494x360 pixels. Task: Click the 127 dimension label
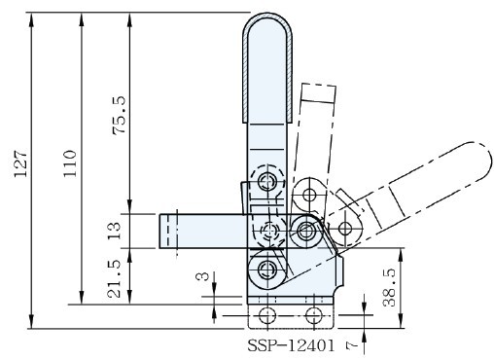pos(21,163)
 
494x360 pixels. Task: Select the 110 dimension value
pos(70,163)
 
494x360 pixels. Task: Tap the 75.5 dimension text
pos(119,115)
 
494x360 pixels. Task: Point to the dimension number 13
pos(114,231)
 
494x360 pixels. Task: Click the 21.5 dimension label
pos(114,278)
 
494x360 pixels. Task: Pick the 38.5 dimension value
pos(389,287)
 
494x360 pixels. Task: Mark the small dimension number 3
pos(203,276)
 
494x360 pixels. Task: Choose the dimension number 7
pos(352,346)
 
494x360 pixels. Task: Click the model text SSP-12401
pos(291,345)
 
